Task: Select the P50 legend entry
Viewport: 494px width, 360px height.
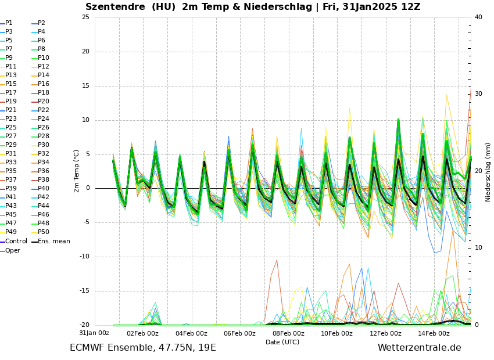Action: point(44,232)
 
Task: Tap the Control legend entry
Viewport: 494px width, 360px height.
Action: point(16,241)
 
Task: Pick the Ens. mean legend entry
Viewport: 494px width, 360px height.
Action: point(53,241)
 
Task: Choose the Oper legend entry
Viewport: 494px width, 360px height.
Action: point(12,250)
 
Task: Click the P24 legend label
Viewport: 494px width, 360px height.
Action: point(44,119)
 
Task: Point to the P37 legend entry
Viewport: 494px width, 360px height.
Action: point(11,180)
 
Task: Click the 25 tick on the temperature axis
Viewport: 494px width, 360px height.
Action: point(85,17)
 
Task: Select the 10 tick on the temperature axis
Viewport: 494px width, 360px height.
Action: point(85,121)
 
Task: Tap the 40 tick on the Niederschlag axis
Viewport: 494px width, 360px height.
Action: point(478,17)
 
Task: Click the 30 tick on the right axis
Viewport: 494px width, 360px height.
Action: point(478,94)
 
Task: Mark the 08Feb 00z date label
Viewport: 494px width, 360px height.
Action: point(288,333)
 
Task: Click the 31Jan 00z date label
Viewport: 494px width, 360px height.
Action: point(94,333)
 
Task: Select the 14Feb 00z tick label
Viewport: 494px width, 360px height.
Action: point(434,333)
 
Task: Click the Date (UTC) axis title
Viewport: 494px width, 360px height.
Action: point(282,343)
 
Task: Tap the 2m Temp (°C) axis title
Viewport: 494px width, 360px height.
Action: point(76,171)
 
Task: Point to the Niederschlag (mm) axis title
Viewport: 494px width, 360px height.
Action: point(488,172)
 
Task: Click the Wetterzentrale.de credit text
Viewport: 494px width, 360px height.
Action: point(419,348)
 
